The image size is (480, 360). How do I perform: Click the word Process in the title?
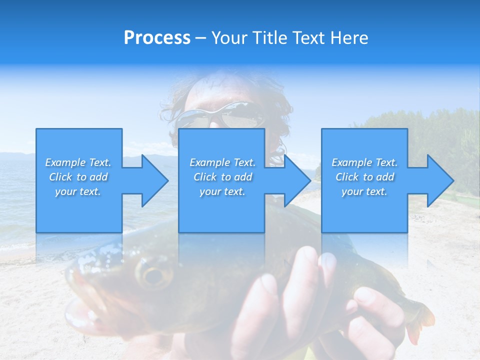coord(157,38)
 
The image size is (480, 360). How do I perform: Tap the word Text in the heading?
coord(310,38)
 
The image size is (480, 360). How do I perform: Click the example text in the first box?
coord(78,177)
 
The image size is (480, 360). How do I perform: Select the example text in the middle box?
coord(222,177)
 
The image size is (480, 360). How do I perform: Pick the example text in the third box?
coord(364,177)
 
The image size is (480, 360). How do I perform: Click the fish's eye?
coord(152,275)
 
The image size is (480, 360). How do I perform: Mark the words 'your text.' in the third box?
coord(364,191)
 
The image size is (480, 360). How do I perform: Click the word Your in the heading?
coord(228,38)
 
